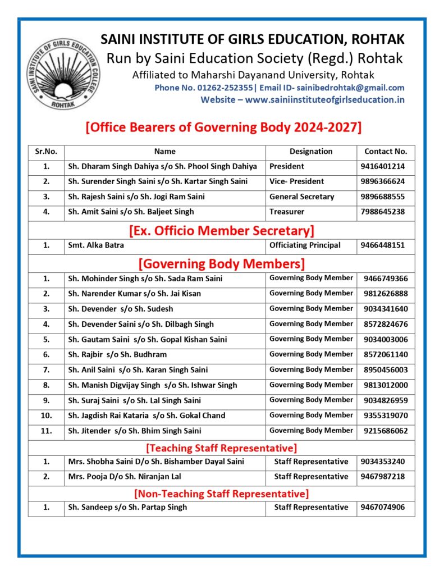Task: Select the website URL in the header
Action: tap(325, 99)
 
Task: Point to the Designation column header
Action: tap(311, 151)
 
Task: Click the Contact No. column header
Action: tap(386, 151)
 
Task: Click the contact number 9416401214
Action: tap(386, 166)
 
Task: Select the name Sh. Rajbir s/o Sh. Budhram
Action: tap(117, 354)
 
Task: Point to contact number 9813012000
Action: tap(386, 385)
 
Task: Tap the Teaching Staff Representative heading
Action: tap(221, 448)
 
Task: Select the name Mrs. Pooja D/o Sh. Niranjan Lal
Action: tap(133, 477)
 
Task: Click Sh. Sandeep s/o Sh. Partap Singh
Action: tap(127, 507)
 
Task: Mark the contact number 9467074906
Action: tap(386, 507)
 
